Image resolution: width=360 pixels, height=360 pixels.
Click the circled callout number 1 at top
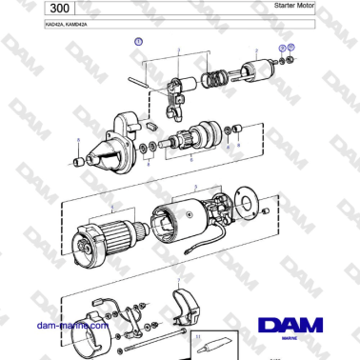pos(138,43)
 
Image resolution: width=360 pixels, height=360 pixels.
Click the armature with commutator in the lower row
pos(104,233)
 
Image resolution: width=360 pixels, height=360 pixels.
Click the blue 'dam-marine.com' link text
pos(70,325)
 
